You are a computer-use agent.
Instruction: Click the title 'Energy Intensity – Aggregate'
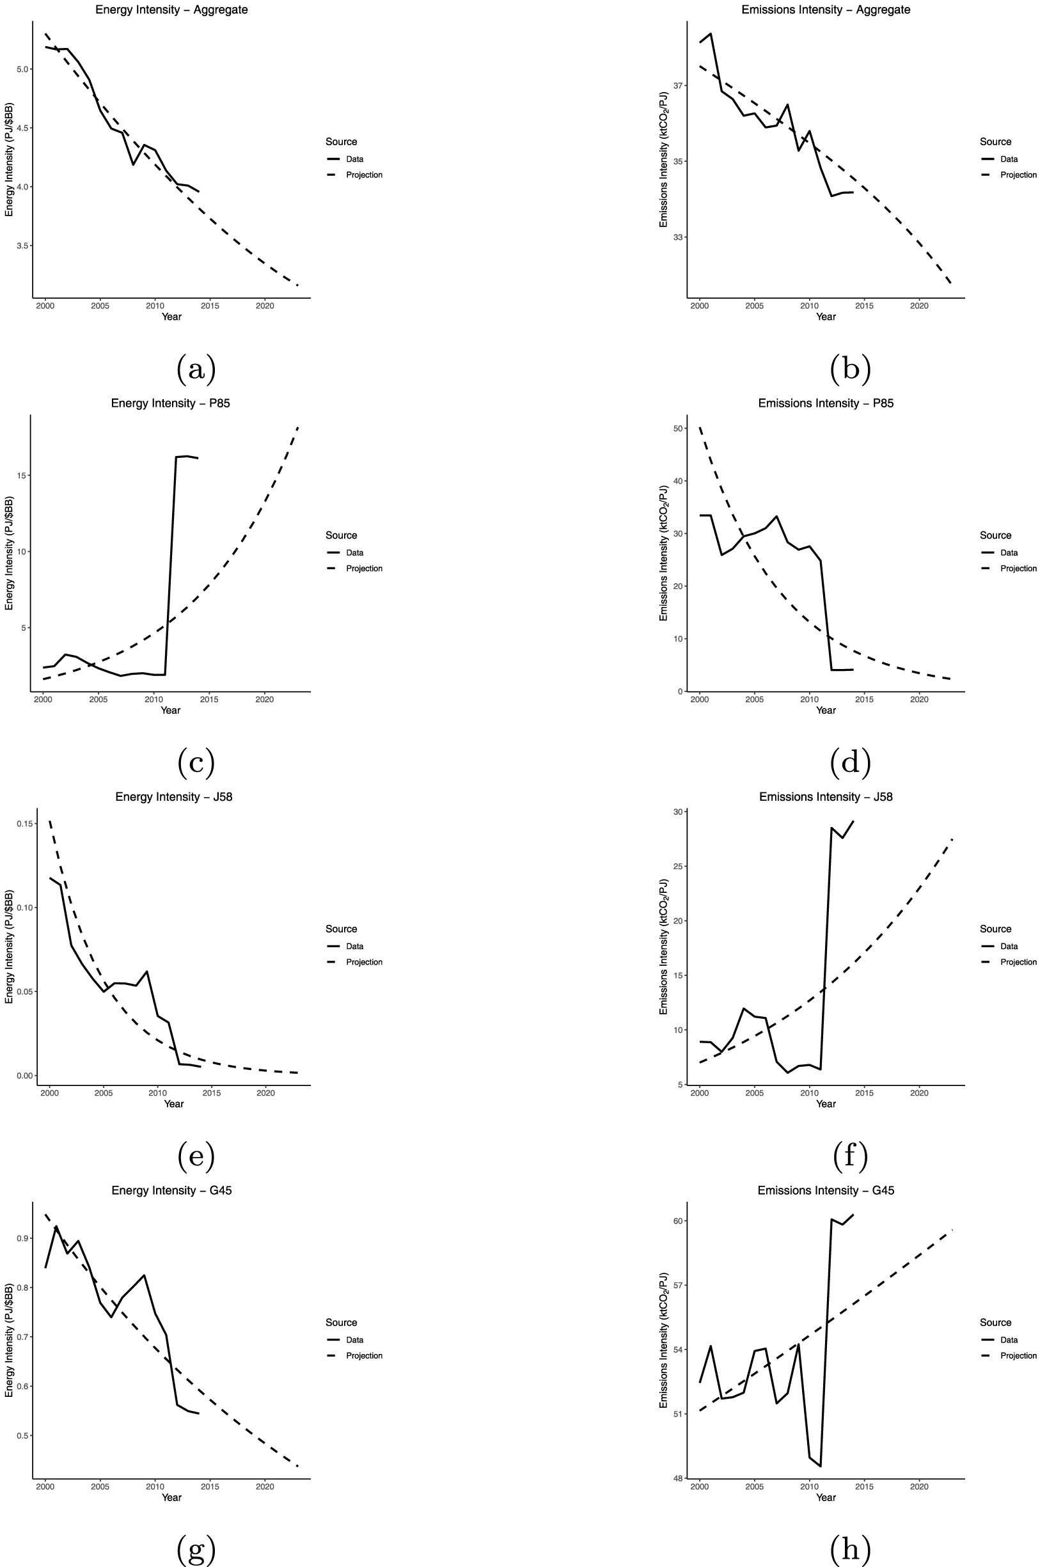tap(171, 10)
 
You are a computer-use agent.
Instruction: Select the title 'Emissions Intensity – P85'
tap(825, 404)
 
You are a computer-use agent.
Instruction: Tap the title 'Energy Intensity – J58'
tap(173, 796)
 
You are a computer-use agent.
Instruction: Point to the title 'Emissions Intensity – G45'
tap(825, 1190)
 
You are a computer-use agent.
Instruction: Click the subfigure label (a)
tap(196, 368)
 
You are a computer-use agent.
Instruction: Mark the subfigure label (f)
tap(850, 1156)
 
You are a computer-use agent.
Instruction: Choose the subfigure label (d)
tap(850, 762)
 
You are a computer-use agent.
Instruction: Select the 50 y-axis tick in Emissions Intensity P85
tap(679, 428)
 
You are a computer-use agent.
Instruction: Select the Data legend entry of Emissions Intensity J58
tap(1008, 946)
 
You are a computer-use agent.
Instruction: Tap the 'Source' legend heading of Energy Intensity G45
tap(341, 1323)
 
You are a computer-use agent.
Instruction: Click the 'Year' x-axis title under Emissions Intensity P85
tap(825, 711)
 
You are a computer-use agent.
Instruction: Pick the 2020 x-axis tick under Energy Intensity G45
tap(265, 1486)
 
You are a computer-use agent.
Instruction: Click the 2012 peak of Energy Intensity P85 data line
tap(177, 457)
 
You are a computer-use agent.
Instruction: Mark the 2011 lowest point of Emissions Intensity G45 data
tap(820, 1466)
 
